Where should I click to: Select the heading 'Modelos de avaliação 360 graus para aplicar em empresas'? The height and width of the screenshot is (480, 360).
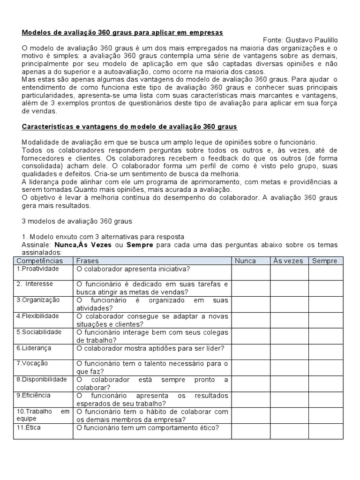coord(122,32)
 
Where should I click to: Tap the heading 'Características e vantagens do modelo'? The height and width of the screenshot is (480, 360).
coord(129,127)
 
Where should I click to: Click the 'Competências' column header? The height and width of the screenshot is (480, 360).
coord(39,261)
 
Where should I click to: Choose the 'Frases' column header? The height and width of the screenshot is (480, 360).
coord(88,261)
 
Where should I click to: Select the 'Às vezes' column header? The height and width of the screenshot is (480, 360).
coord(288,261)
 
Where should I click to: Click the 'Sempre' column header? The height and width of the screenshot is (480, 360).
coord(324,261)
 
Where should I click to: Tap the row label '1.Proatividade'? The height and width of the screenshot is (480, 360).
coord(37,269)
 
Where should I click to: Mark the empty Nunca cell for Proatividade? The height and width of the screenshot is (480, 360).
coord(250,272)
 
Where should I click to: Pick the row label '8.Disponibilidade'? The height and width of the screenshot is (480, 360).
coord(42,380)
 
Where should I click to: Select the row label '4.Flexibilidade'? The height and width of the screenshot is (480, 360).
coord(37,316)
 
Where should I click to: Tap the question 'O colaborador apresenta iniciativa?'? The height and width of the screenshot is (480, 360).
coord(133,270)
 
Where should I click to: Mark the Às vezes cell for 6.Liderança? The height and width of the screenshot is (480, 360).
coord(289,352)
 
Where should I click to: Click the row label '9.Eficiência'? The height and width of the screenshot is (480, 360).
coord(34,396)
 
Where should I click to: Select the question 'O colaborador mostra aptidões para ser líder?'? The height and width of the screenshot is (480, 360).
coord(150,349)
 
